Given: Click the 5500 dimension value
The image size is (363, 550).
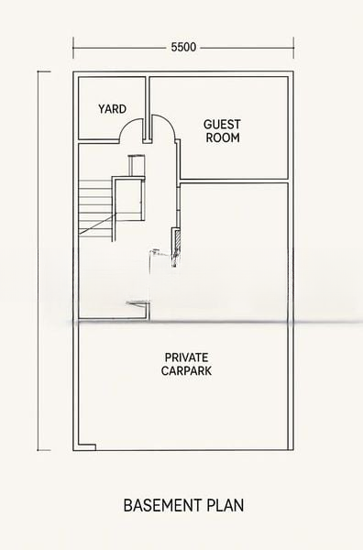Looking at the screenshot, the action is pyautogui.click(x=183, y=47).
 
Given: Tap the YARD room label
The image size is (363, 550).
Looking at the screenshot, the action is pyautogui.click(x=112, y=109).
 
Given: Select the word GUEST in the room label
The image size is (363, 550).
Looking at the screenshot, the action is pyautogui.click(x=222, y=124).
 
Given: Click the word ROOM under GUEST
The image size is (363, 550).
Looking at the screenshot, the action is pyautogui.click(x=223, y=137).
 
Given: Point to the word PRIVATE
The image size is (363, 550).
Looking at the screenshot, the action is pyautogui.click(x=187, y=357).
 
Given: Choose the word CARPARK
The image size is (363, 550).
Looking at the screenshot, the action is pyautogui.click(x=187, y=370).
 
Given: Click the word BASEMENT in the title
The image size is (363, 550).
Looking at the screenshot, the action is pyautogui.click(x=162, y=505).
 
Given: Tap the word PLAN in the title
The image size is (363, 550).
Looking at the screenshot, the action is pyautogui.click(x=225, y=505).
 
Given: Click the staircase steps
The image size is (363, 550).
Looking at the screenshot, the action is pyautogui.click(x=95, y=207).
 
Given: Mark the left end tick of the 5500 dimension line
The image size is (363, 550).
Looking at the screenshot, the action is pyautogui.click(x=73, y=48).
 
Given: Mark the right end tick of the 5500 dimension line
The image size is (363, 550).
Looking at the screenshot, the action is pyautogui.click(x=293, y=48).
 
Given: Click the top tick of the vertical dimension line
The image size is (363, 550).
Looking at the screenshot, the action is pyautogui.click(x=44, y=71).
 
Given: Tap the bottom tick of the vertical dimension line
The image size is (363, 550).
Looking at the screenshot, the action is pyautogui.click(x=44, y=450).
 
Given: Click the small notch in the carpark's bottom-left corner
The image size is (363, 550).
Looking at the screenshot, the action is pyautogui.click(x=87, y=447).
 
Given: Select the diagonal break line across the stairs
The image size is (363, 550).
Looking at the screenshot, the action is pyautogui.click(x=97, y=224).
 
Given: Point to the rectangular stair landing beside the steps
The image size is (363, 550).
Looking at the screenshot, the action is pyautogui.click(x=129, y=199).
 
